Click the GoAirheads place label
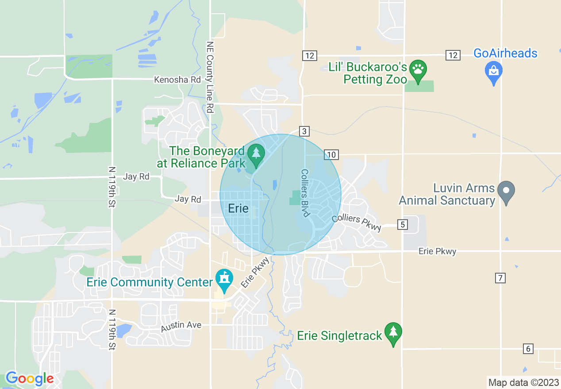tap(505, 53)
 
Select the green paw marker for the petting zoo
tap(418, 69)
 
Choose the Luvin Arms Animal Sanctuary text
tap(447, 194)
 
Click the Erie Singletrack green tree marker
tap(393, 333)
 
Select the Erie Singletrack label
tap(339, 336)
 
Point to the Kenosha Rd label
tap(177, 80)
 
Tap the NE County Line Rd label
tap(210, 77)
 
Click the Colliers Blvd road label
tap(305, 193)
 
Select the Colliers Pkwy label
tap(356, 220)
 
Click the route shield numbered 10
tap(331, 154)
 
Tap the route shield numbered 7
tap(500, 278)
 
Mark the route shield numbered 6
tap(528, 348)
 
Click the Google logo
tap(30, 378)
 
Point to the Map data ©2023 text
tap(523, 381)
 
